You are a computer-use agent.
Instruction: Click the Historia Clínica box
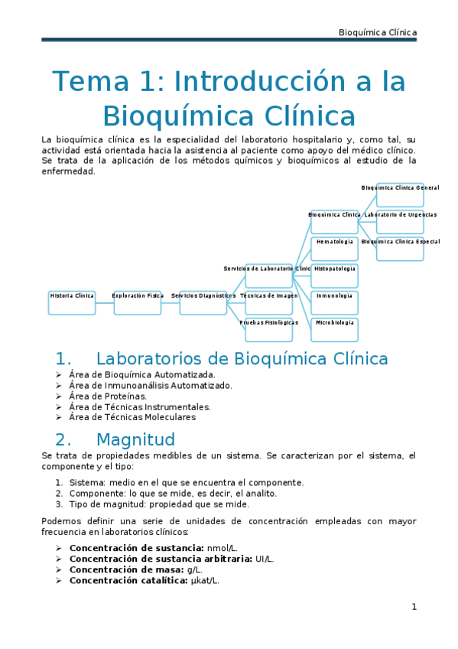pos(72,302)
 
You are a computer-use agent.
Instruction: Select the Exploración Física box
pos(138,302)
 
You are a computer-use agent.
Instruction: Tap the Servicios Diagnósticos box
pos(203,302)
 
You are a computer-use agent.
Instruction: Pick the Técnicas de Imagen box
pos(269,302)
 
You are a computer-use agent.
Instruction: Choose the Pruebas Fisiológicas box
pos(269,329)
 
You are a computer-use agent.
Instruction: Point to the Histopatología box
pos(335,276)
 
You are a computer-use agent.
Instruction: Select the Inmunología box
pos(335,302)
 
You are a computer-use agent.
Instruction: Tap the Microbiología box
pos(335,329)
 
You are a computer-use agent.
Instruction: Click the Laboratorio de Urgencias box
pos(400,222)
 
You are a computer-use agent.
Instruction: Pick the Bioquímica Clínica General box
pos(400,194)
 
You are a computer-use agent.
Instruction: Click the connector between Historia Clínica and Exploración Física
pos(105,303)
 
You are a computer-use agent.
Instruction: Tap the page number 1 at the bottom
pos(414,607)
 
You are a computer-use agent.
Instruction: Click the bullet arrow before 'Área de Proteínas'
pos(59,396)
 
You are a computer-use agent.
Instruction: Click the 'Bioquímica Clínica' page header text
pos(378,32)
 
